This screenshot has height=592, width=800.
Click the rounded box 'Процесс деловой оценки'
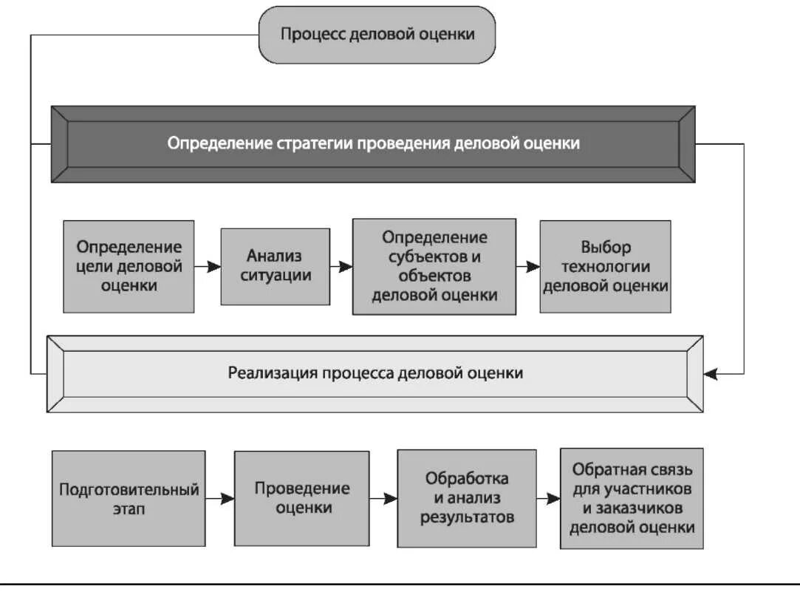(376, 34)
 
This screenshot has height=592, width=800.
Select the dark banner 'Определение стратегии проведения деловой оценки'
(373, 143)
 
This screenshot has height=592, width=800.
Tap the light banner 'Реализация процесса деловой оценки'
(375, 373)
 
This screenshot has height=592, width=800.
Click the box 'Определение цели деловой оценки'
(129, 265)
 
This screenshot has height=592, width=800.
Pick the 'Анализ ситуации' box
(275, 266)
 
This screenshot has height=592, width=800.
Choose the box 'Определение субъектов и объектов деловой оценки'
(434, 266)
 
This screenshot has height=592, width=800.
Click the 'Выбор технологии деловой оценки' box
(606, 266)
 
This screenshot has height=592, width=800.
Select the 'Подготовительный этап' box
(129, 499)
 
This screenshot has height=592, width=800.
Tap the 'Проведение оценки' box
(302, 498)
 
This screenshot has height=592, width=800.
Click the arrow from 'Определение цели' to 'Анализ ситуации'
(208, 266)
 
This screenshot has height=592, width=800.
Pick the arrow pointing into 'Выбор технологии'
(528, 267)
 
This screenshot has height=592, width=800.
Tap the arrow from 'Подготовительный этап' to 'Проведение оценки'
(220, 499)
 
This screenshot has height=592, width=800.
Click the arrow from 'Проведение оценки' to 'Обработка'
(383, 499)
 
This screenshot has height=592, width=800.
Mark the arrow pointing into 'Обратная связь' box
(547, 499)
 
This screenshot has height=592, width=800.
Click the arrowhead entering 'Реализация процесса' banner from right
(711, 374)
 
